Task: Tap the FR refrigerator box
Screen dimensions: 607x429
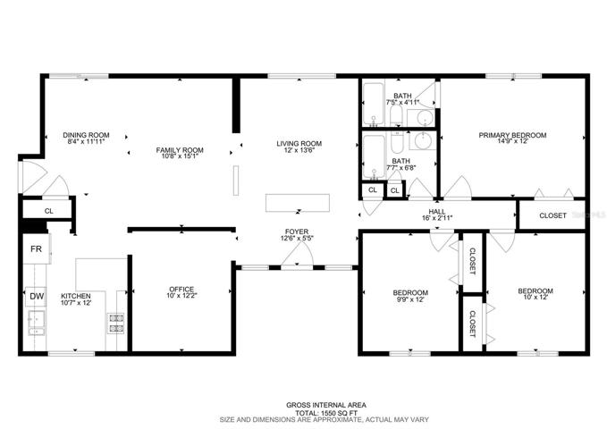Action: click(x=37, y=248)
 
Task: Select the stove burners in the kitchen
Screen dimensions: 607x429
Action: click(x=116, y=324)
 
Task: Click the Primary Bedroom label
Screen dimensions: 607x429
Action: click(x=512, y=135)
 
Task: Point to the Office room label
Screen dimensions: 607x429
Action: click(x=181, y=290)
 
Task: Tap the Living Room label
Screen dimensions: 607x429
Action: click(x=299, y=144)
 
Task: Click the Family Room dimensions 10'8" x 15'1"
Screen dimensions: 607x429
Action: click(x=180, y=156)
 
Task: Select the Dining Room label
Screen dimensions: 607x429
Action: click(x=86, y=135)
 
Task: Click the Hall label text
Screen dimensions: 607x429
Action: click(x=437, y=212)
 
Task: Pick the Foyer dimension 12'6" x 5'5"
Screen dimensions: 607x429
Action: click(x=297, y=238)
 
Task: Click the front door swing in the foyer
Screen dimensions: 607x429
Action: click(x=297, y=256)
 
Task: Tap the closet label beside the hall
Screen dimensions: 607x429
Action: click(x=552, y=215)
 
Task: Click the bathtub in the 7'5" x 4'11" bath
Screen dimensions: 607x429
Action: click(x=373, y=104)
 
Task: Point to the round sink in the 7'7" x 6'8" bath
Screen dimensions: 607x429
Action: click(x=425, y=141)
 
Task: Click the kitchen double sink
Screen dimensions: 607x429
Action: click(x=36, y=323)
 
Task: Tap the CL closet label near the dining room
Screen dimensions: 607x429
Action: click(x=49, y=211)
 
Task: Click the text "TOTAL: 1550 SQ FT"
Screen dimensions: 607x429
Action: click(x=326, y=413)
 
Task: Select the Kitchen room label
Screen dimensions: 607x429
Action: click(x=76, y=296)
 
